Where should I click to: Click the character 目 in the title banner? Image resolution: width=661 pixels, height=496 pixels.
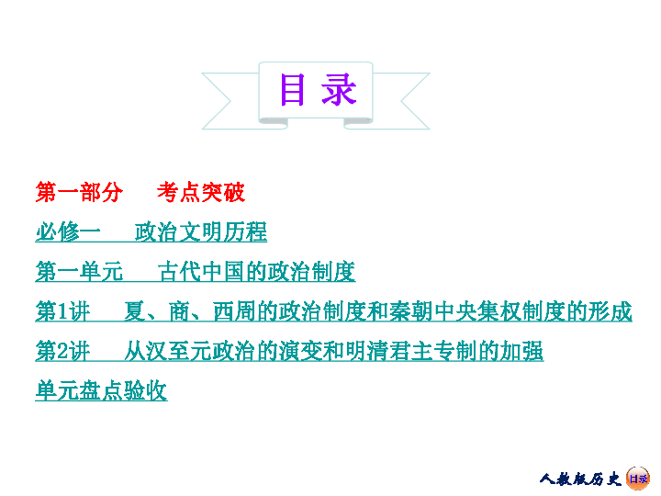click(292, 90)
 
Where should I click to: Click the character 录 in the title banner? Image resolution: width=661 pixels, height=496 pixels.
click(339, 90)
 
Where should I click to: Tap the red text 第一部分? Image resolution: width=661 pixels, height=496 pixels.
click(78, 193)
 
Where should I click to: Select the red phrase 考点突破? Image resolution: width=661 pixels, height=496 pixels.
click(201, 193)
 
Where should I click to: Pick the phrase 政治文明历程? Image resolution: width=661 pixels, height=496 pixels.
click(201, 232)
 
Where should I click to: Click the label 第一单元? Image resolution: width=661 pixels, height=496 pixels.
click(78, 272)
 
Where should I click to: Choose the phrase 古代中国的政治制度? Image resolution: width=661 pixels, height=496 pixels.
click(256, 272)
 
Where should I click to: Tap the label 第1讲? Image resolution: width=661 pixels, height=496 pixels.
click(62, 312)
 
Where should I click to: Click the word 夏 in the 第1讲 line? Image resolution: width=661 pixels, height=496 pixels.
click(135, 312)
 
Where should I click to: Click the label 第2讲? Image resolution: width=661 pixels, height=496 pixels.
click(62, 352)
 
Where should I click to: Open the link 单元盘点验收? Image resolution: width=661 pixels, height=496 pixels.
click(101, 391)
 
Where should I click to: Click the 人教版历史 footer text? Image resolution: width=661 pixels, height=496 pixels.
click(580, 479)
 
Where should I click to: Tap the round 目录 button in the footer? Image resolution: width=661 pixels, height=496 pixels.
click(638, 478)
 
